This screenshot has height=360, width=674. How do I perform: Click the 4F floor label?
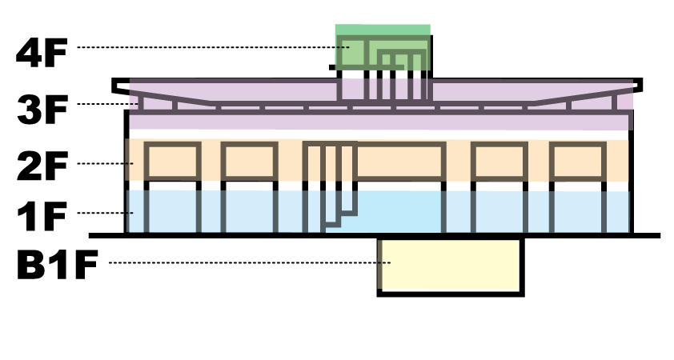42,53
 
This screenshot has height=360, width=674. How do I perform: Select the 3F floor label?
42,110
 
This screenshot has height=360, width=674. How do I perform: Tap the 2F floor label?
42,166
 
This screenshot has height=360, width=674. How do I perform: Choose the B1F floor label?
57,265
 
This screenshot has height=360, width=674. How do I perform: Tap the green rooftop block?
383,47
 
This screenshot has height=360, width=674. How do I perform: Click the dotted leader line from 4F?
213,47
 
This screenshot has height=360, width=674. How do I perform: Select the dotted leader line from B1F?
251,262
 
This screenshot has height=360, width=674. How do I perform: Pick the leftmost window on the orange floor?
172,162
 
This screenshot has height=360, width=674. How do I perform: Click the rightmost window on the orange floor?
578,162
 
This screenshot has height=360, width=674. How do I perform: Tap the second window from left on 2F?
249,162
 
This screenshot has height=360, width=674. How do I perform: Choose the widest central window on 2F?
399,162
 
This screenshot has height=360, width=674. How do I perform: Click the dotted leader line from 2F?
106,164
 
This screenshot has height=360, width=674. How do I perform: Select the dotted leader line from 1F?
106,213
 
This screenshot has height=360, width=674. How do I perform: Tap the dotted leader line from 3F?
107,104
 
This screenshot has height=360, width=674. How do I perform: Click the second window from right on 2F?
499,162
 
